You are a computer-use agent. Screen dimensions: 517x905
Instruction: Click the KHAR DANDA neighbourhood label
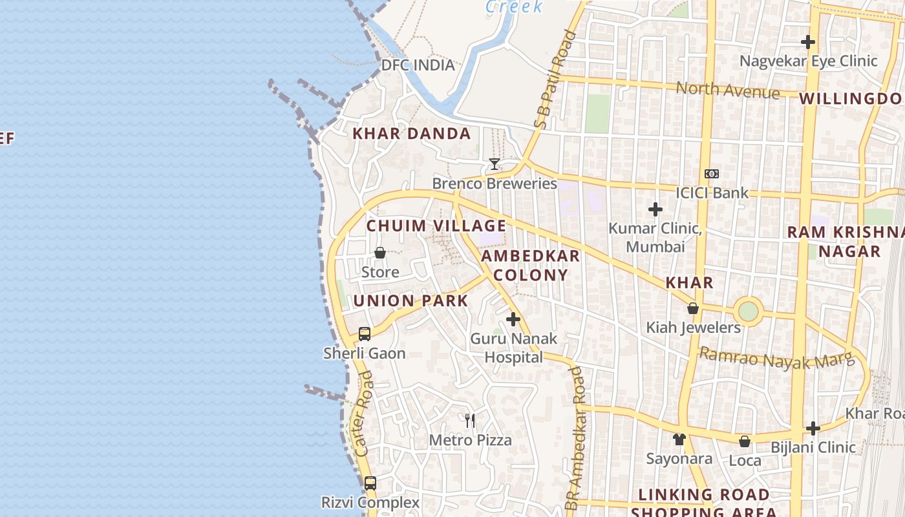411,134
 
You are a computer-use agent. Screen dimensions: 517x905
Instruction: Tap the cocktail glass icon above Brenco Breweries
495,164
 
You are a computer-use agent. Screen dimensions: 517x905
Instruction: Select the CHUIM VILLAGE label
436,226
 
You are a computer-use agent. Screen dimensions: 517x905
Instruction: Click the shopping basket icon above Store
380,253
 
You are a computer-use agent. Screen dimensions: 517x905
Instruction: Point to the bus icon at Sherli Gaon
365,334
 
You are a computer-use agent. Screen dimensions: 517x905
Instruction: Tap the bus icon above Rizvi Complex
370,483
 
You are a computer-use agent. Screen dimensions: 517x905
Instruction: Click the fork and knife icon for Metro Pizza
470,421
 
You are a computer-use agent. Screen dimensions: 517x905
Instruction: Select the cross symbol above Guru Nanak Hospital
513,319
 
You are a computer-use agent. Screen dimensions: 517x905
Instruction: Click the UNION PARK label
410,301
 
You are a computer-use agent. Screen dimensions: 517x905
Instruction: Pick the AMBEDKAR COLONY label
531,265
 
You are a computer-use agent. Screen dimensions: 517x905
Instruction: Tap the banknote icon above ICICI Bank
712,174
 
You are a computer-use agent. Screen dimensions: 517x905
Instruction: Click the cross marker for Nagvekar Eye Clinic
807,42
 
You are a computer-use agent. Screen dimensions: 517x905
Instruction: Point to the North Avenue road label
727,90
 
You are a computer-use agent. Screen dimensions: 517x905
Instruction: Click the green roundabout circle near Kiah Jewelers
748,311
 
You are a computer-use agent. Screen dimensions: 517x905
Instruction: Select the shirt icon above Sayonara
679,439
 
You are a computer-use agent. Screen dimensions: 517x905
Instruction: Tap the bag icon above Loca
745,441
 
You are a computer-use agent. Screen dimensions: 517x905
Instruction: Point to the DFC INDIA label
418,65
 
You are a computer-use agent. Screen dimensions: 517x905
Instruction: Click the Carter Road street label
365,414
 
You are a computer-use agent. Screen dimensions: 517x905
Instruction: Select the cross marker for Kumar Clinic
655,209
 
